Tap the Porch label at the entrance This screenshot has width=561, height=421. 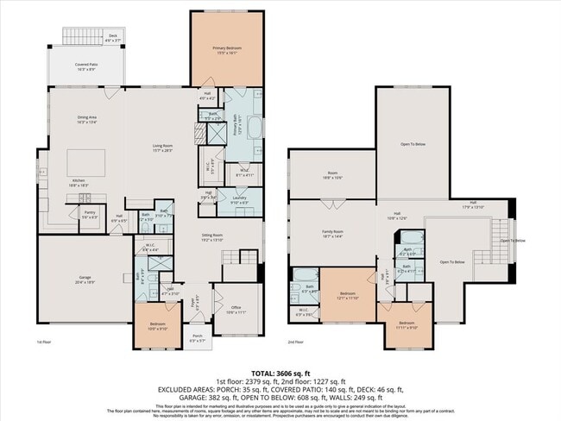(197, 337)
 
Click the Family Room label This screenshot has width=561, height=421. (332, 233)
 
